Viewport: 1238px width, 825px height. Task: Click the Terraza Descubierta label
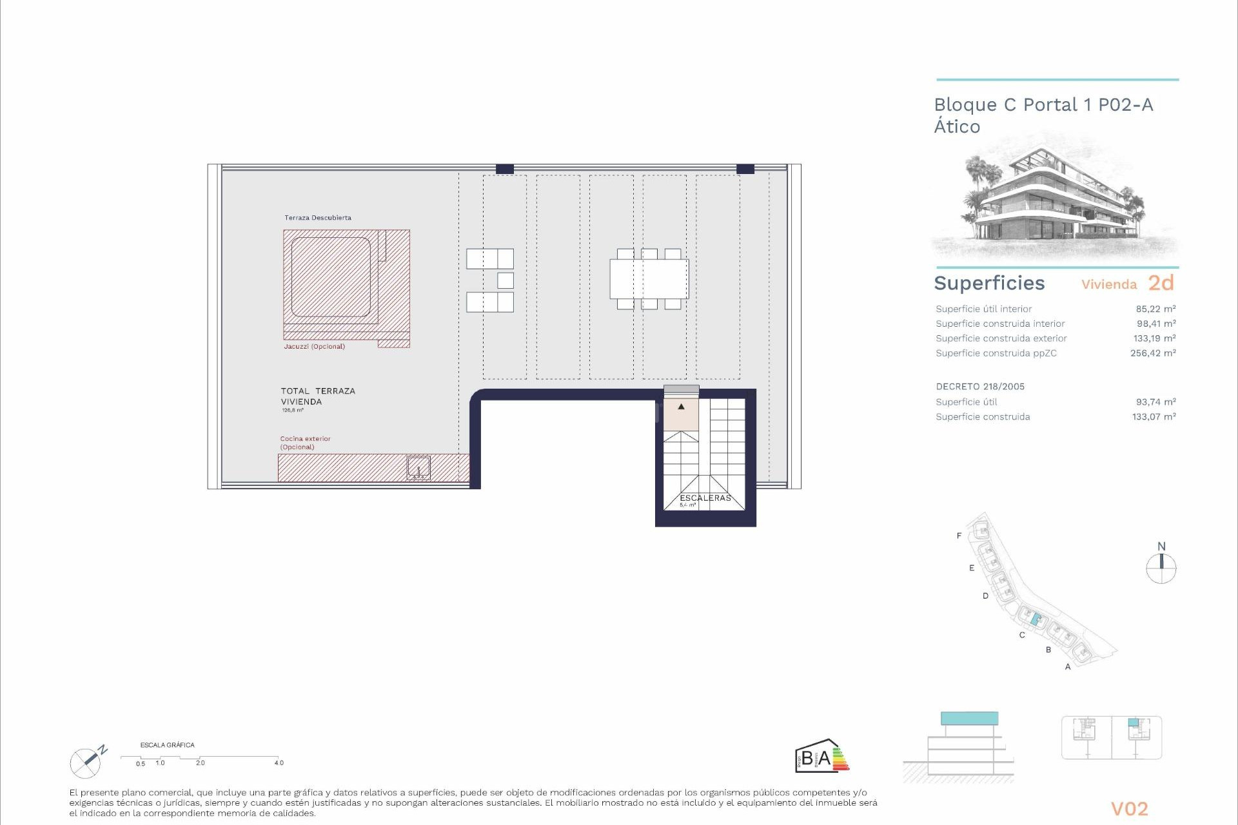[x=318, y=218]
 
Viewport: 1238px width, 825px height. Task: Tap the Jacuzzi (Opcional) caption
[x=314, y=347]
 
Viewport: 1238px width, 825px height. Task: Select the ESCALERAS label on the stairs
[x=705, y=498]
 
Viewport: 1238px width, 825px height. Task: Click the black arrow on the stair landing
[x=681, y=407]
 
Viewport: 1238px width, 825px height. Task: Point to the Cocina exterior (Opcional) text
[x=305, y=443]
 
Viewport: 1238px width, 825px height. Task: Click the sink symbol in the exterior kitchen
[x=418, y=468]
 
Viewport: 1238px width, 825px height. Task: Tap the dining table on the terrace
[x=649, y=279]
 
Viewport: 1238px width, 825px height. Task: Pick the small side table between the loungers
[x=506, y=280]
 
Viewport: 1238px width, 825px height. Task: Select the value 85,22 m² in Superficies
[x=1155, y=309]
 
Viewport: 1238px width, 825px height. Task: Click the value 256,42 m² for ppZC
[x=1153, y=353]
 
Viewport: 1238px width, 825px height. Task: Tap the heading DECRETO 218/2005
[x=980, y=387]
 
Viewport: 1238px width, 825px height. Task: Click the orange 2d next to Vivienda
[x=1161, y=283]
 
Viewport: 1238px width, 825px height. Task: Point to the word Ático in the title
[x=957, y=127]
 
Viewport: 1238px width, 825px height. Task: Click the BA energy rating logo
[x=821, y=756]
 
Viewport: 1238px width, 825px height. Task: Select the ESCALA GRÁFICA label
[x=167, y=745]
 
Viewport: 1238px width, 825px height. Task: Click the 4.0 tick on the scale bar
[x=279, y=763]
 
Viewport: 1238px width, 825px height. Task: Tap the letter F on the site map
[x=959, y=536]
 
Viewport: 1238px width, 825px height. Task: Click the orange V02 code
[x=1129, y=809]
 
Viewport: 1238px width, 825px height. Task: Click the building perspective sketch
[x=1056, y=200]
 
